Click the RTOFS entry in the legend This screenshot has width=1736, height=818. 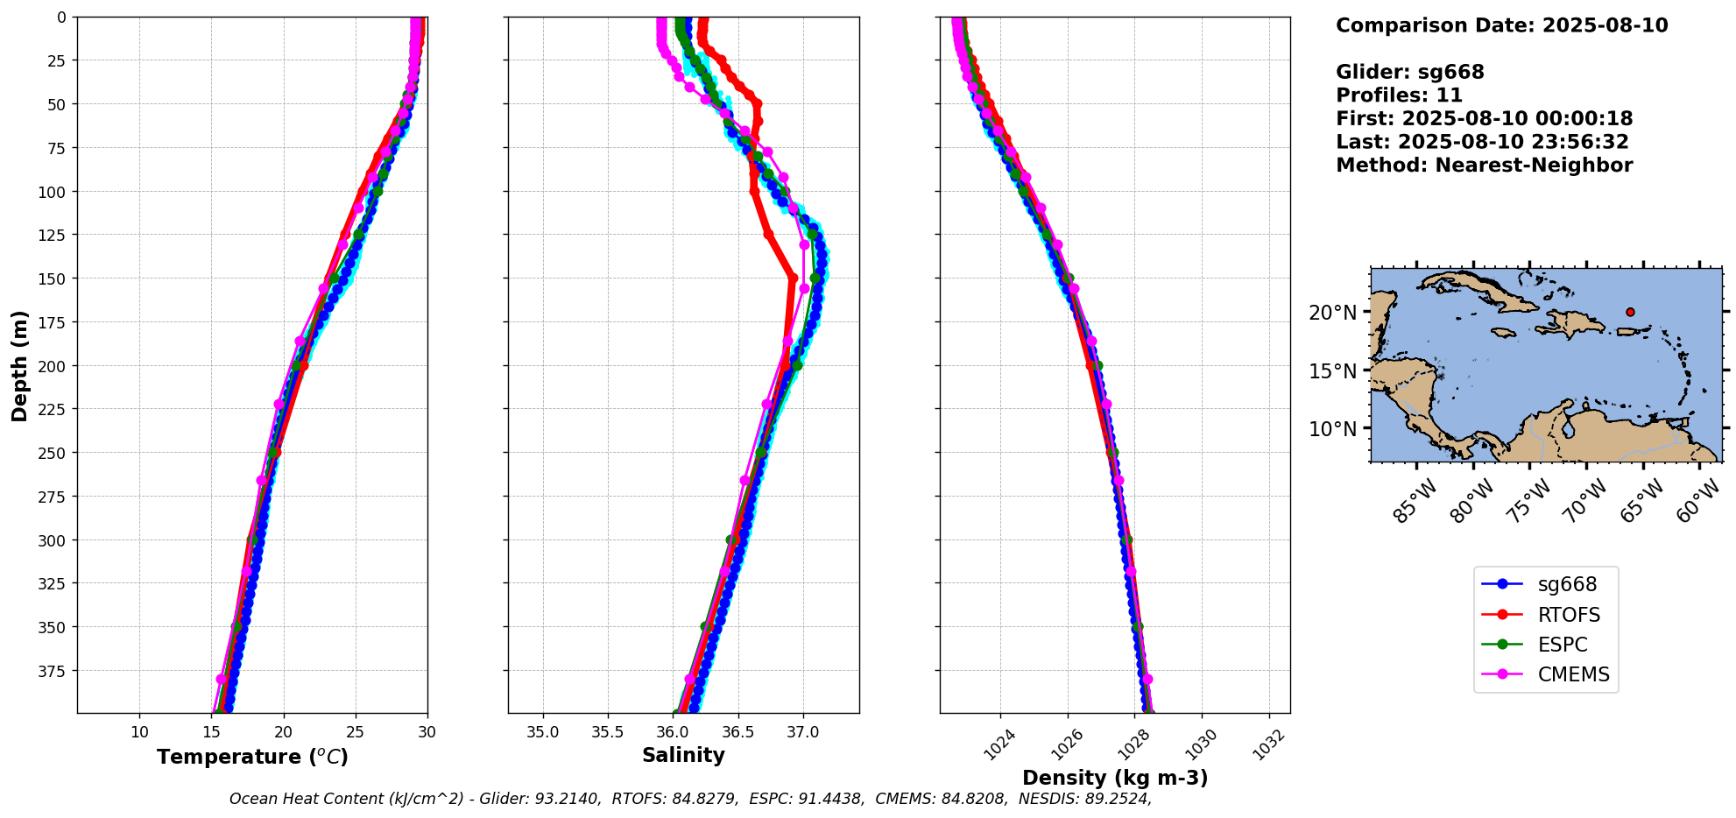click(1568, 615)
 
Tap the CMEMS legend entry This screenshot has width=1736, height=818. click(1573, 674)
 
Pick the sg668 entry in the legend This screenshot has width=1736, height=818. click(1567, 584)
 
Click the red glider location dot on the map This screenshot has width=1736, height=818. click(1630, 312)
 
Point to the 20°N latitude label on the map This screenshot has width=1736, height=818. click(1333, 313)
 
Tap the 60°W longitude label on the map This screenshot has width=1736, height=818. click(1697, 503)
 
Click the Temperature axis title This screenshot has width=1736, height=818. click(252, 757)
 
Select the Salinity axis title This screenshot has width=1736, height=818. click(683, 756)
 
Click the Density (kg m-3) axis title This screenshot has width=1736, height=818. click(1115, 778)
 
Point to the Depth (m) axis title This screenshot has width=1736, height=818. click(19, 365)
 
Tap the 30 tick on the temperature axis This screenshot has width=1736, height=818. click(427, 732)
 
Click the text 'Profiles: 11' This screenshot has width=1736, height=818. click(1399, 95)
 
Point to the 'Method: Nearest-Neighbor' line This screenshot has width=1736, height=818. click(1484, 166)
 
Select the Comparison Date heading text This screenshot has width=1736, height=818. click(1501, 25)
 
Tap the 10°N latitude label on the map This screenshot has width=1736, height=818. click(1333, 429)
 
